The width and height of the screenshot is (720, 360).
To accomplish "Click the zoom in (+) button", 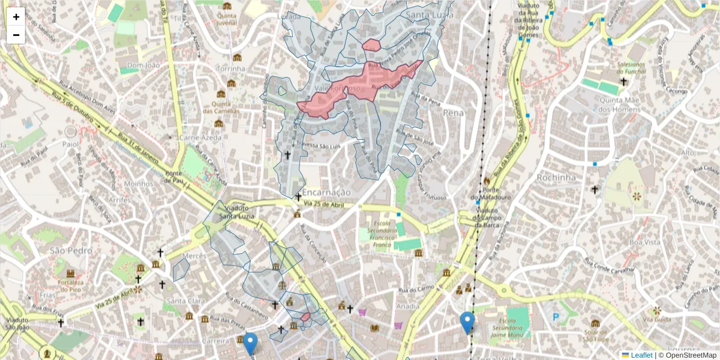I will pos(16,17).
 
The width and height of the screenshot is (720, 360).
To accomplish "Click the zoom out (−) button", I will pos(16,35).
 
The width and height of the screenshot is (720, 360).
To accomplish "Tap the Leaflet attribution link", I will pos(641,355).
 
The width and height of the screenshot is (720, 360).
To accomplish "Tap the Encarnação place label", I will pos(326,192).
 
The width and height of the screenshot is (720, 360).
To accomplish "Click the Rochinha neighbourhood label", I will pos(556,178).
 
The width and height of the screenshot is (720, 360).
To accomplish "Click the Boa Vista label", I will pos(644,242).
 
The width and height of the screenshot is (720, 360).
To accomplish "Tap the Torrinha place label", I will pos(231,69).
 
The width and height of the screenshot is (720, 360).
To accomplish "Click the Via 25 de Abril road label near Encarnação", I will pos(324,205).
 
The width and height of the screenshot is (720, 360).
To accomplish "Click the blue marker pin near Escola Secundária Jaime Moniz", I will pos(467,322).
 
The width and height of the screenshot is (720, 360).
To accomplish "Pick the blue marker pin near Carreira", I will pos(250,343).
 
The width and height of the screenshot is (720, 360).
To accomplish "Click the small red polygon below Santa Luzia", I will pos(371,44).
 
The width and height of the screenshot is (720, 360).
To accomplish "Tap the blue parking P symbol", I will pos(556,316).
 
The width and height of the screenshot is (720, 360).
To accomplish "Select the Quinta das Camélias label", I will pos(220,107).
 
